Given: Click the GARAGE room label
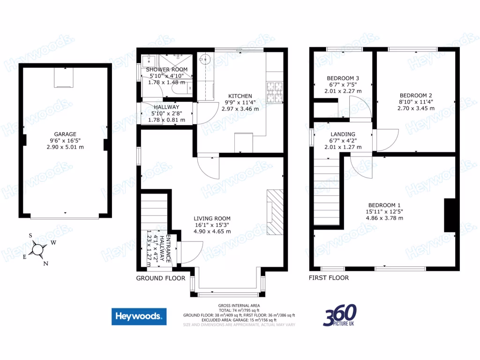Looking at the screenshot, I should point(65,134).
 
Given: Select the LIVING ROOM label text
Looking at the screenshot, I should point(212,218).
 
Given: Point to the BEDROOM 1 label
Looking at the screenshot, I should point(384,205).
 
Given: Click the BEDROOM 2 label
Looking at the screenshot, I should point(409,94).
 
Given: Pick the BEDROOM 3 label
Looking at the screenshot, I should point(343,78).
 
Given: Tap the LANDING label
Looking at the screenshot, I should point(343,134).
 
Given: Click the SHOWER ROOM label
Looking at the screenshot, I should point(168,69).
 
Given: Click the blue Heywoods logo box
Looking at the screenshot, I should point(139,316).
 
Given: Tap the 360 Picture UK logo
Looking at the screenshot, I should point(340,315).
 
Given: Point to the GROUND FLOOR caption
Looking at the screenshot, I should point(157,278).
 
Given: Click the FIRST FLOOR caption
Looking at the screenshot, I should point(328,278).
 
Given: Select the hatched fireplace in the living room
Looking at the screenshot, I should point(275,211).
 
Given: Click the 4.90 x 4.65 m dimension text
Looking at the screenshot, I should point(212,231).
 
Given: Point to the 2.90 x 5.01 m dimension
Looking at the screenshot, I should point(65,147).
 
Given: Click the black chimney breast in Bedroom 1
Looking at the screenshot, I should point(450,215).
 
